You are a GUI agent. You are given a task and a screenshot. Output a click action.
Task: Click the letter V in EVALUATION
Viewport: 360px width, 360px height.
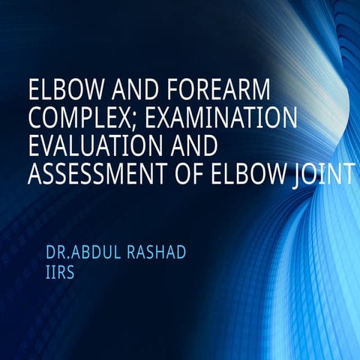[x=47, y=146]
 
